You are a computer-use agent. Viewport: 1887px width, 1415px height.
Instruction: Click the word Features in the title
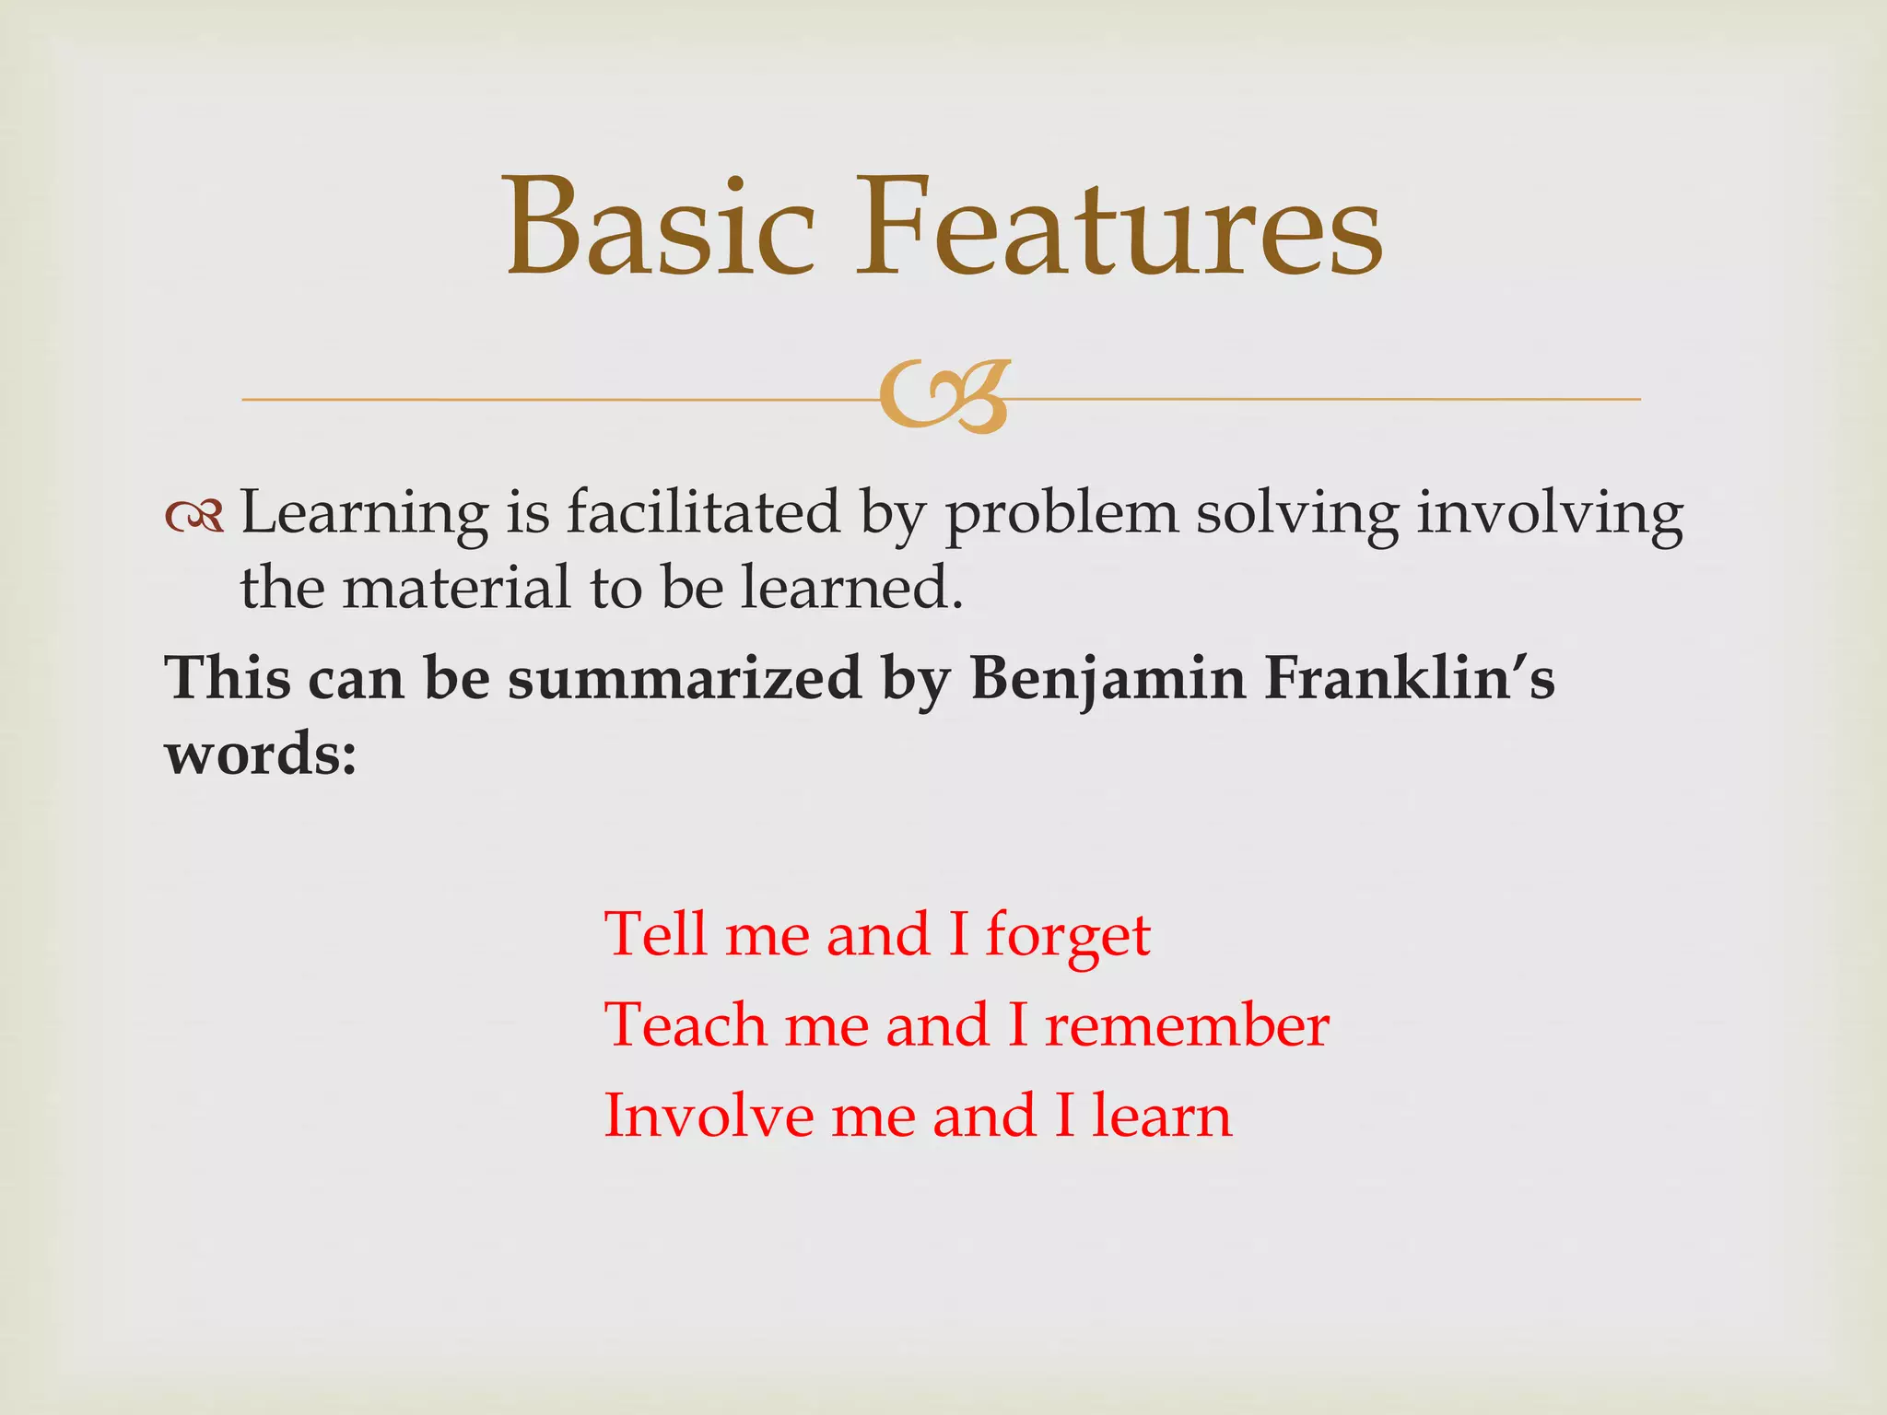pos(1119,228)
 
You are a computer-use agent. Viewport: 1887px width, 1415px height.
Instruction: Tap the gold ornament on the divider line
pos(944,397)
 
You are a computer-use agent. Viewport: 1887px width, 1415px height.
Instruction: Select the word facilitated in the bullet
pos(703,512)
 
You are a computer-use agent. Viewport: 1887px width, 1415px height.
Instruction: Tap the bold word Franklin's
pos(1409,679)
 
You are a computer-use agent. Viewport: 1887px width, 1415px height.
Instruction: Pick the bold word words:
pos(261,755)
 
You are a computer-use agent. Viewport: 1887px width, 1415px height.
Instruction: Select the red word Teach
pos(685,1024)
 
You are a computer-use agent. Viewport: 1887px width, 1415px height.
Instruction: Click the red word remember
pos(1187,1024)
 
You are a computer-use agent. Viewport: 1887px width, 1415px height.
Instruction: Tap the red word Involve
pos(708,1115)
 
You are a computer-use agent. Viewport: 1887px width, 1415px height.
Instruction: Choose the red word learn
pos(1162,1115)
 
